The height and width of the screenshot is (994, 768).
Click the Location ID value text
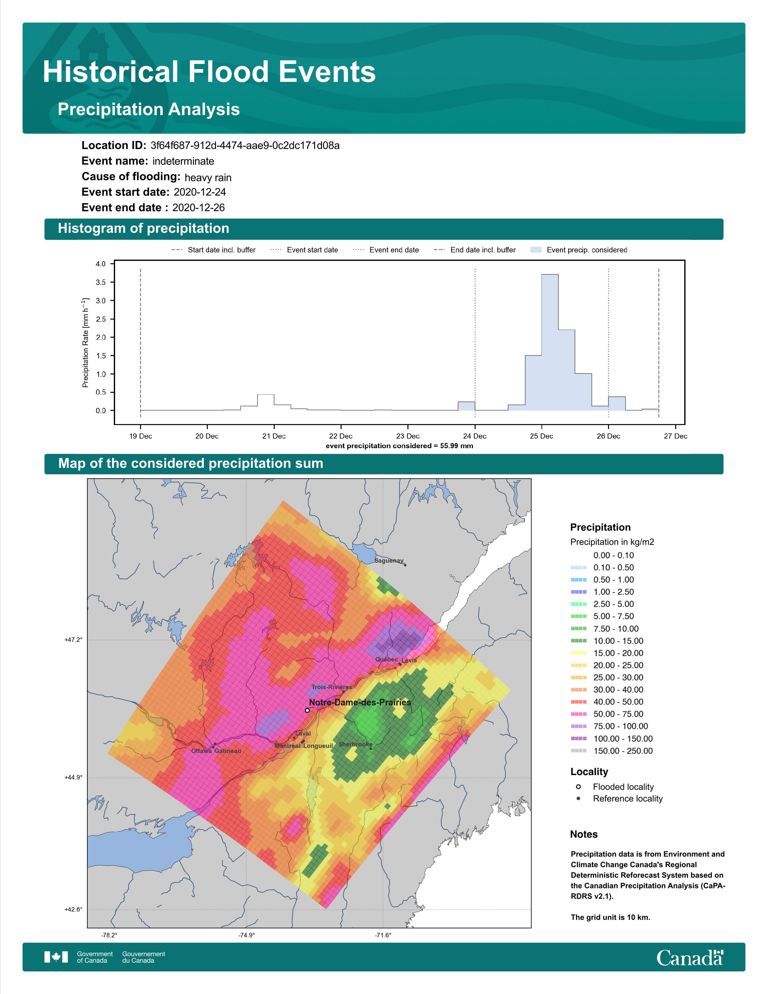click(245, 146)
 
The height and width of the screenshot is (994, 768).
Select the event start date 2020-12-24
click(200, 192)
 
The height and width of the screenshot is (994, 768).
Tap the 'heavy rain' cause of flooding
click(208, 177)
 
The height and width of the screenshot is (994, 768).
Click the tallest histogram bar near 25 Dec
click(550, 342)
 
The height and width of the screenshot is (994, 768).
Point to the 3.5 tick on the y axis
click(101, 283)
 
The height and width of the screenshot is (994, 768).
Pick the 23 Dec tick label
click(408, 436)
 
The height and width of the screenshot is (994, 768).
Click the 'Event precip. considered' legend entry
click(579, 250)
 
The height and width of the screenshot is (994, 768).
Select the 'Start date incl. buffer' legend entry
click(214, 250)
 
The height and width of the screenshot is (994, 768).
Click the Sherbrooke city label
click(355, 744)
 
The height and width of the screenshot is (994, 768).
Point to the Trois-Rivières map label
click(332, 687)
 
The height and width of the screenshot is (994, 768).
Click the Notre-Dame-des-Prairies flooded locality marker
click(307, 710)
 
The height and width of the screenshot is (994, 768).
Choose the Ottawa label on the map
click(201, 751)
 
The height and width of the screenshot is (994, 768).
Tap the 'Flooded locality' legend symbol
click(578, 786)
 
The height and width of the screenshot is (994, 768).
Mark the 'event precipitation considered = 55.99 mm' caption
click(399, 446)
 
